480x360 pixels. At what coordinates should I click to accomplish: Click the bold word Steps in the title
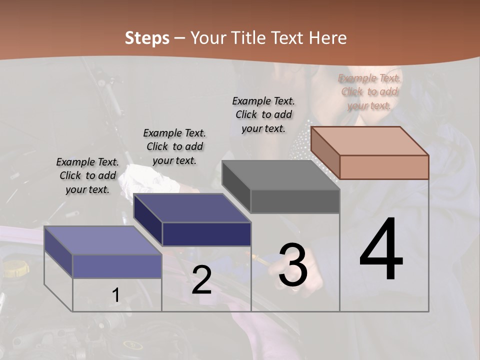tap(147, 38)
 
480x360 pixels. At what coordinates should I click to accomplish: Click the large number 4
tap(381, 250)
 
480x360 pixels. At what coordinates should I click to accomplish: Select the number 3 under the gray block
tap(293, 265)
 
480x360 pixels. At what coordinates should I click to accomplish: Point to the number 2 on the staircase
tap(201, 280)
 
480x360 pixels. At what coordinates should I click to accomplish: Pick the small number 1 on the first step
tap(116, 295)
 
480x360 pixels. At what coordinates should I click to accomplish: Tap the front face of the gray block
tap(295, 201)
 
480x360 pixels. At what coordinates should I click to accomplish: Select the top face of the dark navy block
tap(192, 207)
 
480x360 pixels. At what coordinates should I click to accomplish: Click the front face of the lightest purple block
tap(117, 266)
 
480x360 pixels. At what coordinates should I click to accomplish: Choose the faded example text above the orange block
tap(369, 91)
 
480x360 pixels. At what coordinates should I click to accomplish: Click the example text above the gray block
tap(263, 114)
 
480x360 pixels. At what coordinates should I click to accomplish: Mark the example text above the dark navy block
tap(174, 146)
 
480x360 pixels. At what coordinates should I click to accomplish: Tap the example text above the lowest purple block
tap(87, 175)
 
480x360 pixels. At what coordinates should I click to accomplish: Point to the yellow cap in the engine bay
tap(14, 268)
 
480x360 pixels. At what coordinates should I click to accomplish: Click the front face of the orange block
tap(384, 167)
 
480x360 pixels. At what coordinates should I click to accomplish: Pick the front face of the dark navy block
tap(206, 234)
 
